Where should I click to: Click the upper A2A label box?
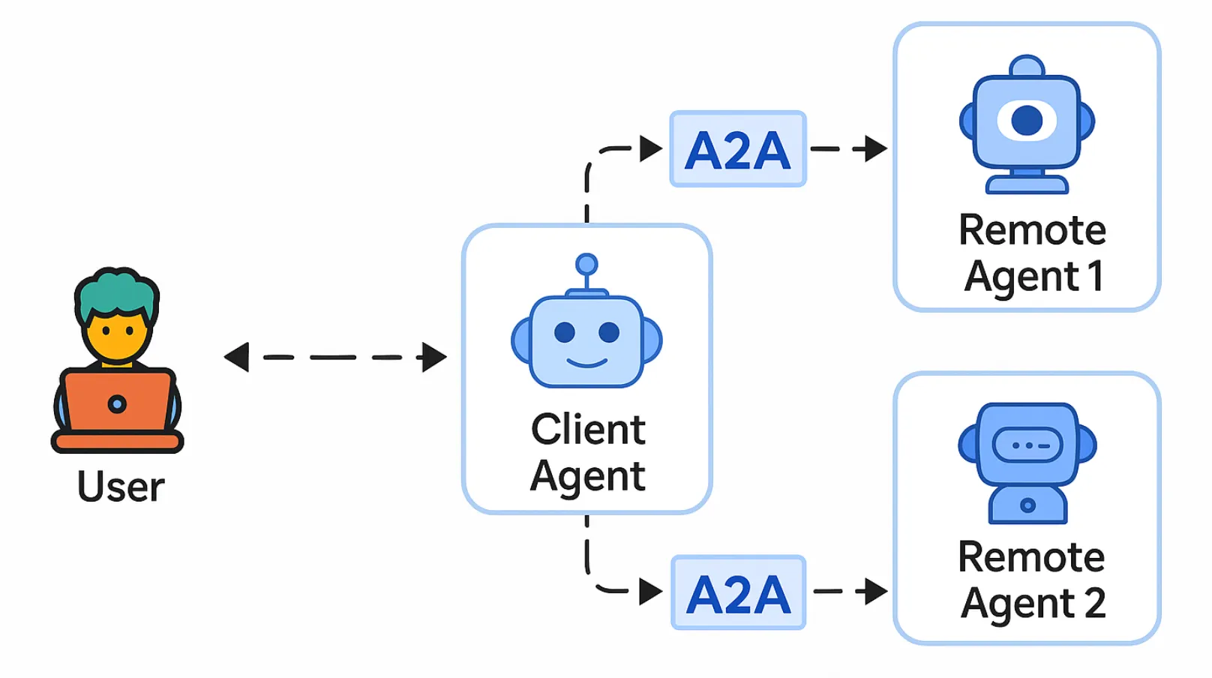(x=738, y=149)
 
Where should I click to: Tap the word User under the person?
(x=121, y=487)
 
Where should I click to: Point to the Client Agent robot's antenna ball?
(x=586, y=264)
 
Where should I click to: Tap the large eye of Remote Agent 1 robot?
(x=1027, y=120)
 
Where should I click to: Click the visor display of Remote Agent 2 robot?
(x=1027, y=445)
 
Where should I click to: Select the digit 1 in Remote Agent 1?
(x=1096, y=275)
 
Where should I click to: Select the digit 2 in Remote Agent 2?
(x=1095, y=603)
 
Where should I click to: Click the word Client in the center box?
(x=588, y=430)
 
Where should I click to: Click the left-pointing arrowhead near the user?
(x=237, y=357)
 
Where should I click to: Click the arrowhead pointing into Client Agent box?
(x=433, y=357)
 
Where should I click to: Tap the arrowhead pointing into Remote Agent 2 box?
(x=875, y=591)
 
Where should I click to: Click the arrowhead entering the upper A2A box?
(x=650, y=148)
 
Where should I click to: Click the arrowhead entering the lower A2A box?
(x=650, y=591)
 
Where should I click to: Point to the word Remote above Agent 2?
(x=1031, y=557)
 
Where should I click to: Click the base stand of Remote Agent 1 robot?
(x=1027, y=184)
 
